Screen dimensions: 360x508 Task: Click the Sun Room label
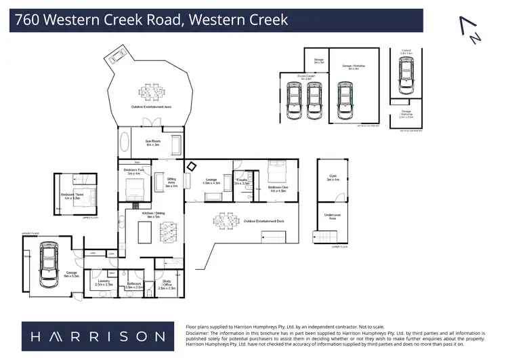152,142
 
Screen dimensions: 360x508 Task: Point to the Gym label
333,178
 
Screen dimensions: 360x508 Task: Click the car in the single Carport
405,75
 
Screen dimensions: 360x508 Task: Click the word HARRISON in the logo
93,336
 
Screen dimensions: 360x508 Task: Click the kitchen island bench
144,232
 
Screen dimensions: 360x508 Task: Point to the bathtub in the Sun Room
124,143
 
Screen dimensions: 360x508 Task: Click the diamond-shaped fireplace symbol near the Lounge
192,166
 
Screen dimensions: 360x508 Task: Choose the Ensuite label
242,181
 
